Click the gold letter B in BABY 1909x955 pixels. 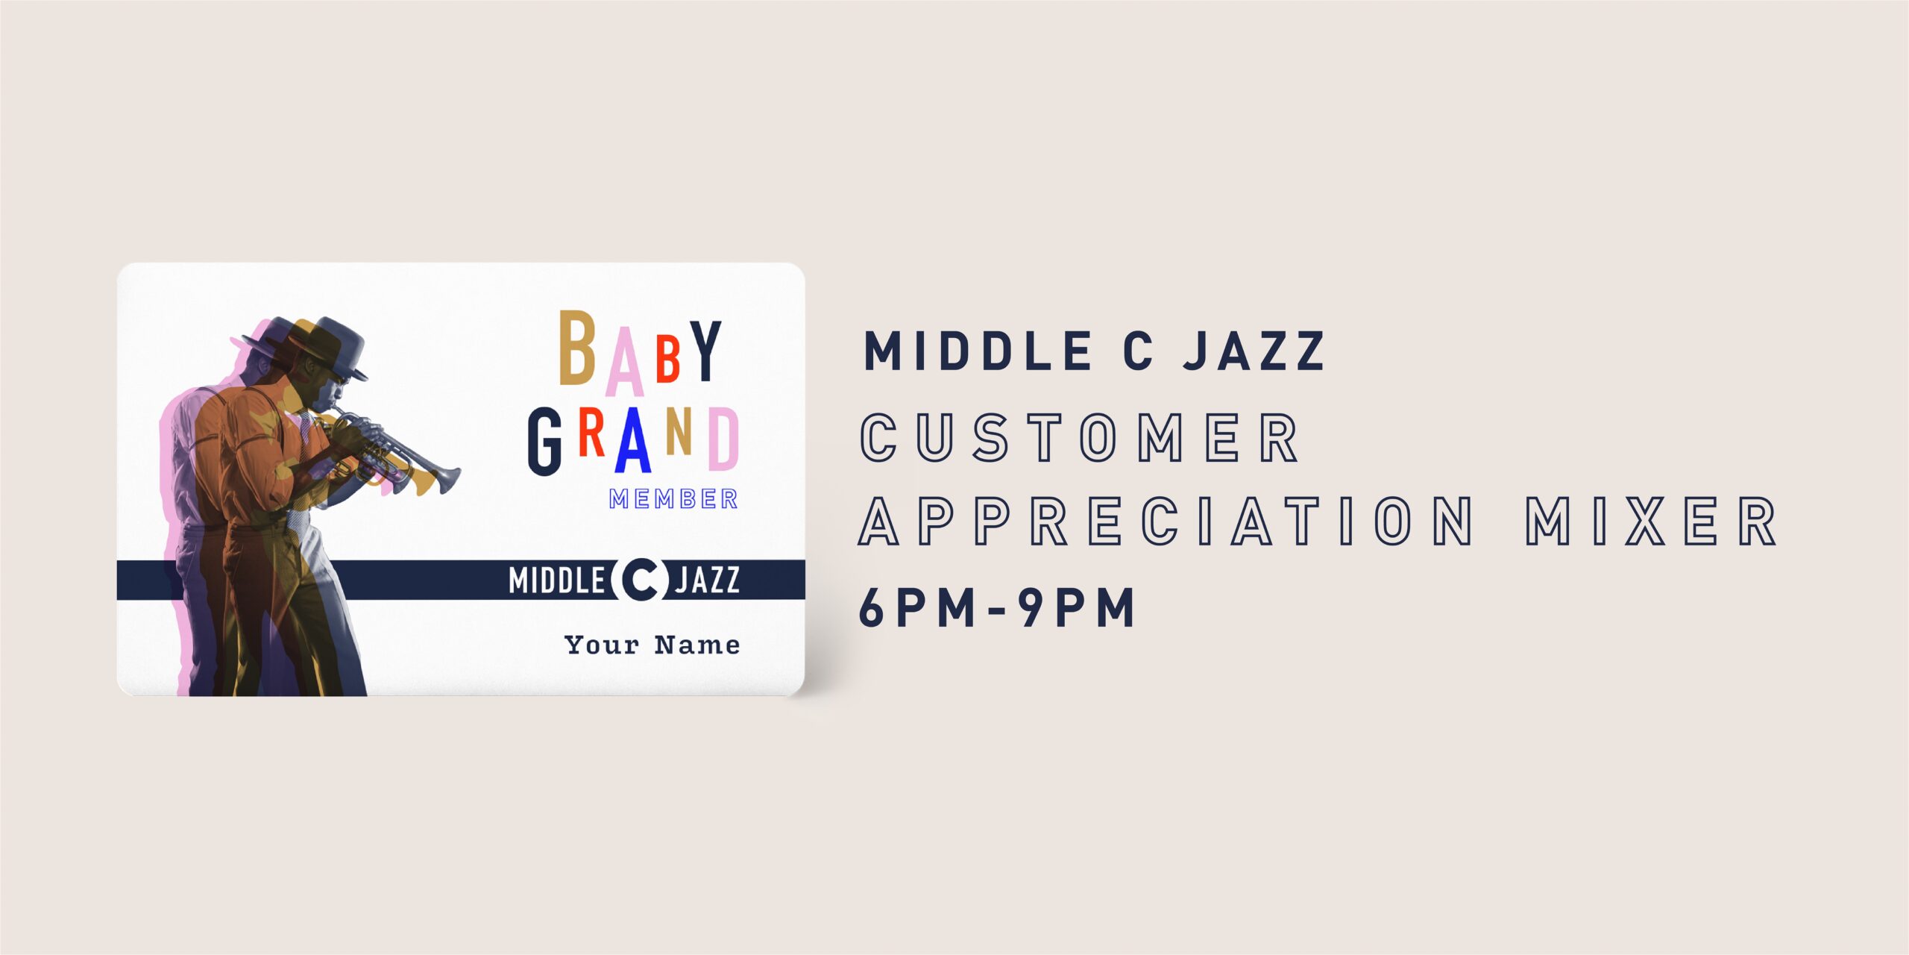(577, 347)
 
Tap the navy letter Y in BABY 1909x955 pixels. (705, 351)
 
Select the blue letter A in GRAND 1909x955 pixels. (633, 440)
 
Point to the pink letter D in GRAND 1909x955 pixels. (723, 439)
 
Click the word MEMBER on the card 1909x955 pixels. (673, 499)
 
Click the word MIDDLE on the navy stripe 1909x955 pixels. (556, 580)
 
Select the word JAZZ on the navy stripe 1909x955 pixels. (707, 580)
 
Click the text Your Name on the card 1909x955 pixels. (652, 645)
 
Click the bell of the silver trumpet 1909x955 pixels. (449, 479)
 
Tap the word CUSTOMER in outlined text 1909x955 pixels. (1080, 437)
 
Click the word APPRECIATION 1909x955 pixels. (1166, 521)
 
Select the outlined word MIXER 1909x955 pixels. (1651, 521)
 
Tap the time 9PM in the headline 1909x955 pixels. (1076, 607)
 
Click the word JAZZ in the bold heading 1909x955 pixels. (1254, 351)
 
